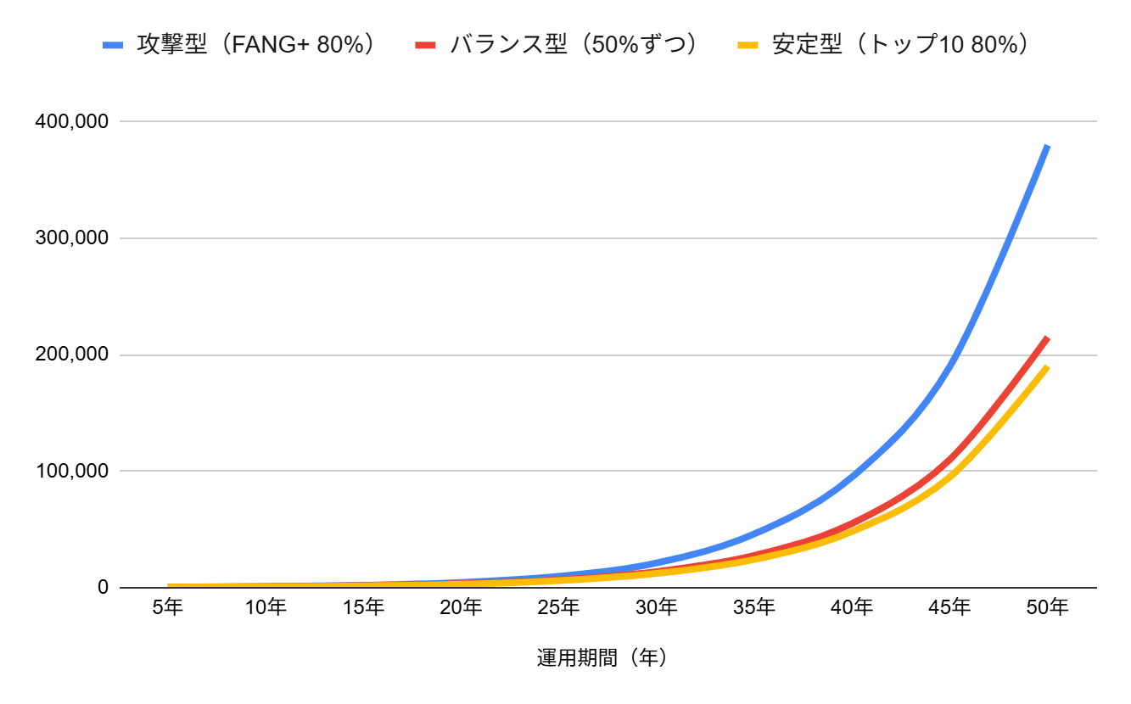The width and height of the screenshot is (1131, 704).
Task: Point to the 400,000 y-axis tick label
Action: point(71,122)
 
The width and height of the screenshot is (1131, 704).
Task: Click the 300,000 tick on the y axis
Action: point(71,238)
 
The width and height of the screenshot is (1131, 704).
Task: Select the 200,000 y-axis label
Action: point(71,355)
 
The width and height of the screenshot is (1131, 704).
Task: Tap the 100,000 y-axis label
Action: point(71,471)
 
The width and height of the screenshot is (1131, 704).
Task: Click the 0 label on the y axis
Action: point(103,587)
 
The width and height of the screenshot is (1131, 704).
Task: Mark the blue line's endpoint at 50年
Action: point(1048,146)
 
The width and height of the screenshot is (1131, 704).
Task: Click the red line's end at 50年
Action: point(1048,338)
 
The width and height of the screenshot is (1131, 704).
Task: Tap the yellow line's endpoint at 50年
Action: point(1048,366)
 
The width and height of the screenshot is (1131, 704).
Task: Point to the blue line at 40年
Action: point(852,475)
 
